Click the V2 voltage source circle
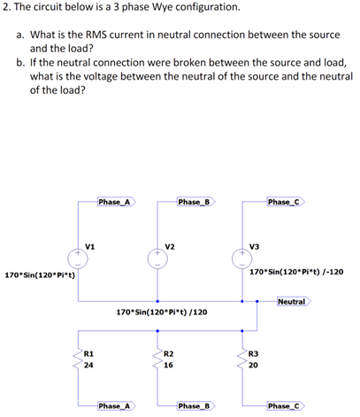tap(157, 257)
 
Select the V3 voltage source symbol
tap(241, 257)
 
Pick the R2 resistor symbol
tap(157, 360)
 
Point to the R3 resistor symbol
tap(241, 360)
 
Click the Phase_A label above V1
tap(115, 202)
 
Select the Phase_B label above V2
tap(194, 202)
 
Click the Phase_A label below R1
tap(115, 405)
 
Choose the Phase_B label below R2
tap(194, 405)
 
